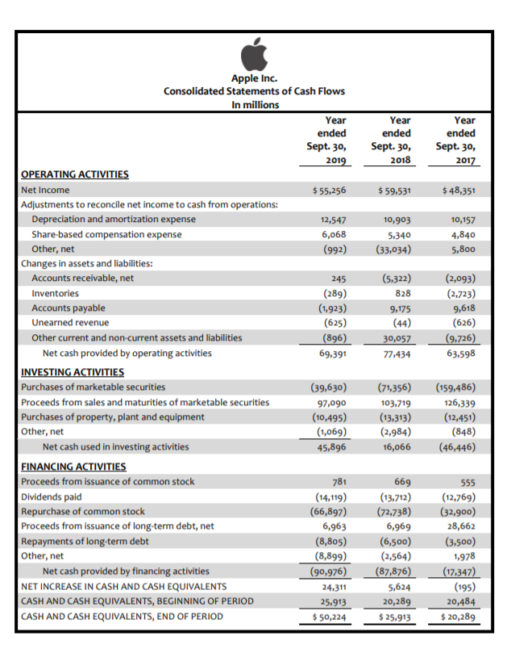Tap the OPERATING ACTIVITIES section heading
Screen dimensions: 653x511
click(x=74, y=174)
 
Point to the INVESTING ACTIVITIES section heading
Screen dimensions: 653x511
click(x=73, y=372)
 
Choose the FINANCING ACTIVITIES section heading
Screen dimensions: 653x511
click(x=73, y=467)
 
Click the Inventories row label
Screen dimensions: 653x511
click(x=56, y=293)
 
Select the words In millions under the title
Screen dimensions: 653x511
click(x=255, y=105)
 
